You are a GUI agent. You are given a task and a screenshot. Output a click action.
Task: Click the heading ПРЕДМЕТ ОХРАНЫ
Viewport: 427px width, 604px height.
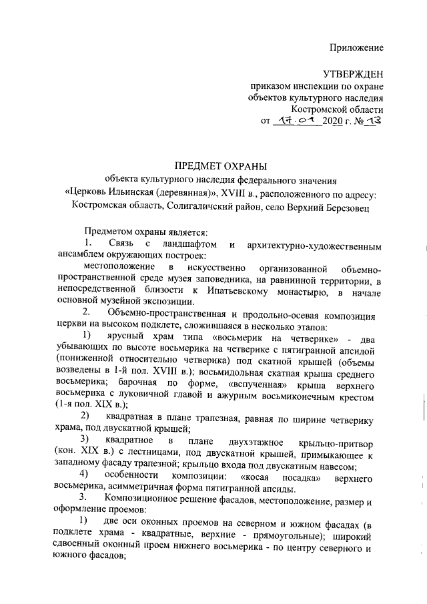coord(220,166)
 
